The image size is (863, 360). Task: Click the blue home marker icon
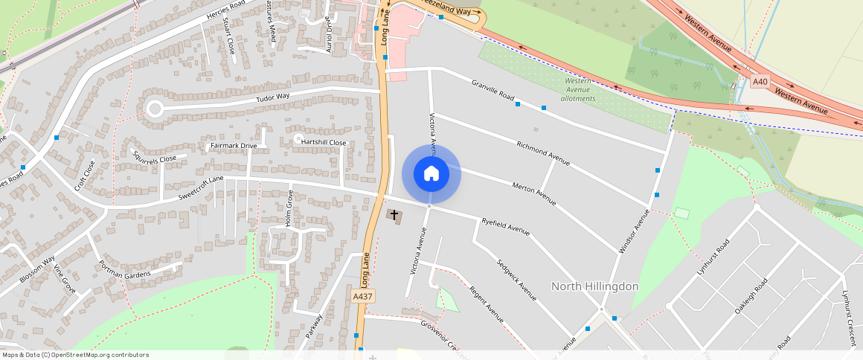(431, 174)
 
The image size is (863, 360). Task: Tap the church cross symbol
(394, 215)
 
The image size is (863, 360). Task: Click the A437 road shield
(362, 296)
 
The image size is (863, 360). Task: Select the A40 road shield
(760, 82)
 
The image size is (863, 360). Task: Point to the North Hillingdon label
(594, 286)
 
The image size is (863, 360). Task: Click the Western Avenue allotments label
(578, 89)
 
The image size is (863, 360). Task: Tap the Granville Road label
(493, 89)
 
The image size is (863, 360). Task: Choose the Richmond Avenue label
(543, 152)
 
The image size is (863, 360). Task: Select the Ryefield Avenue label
(505, 226)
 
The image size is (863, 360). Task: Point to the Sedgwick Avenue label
(517, 280)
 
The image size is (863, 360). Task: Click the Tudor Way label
(272, 97)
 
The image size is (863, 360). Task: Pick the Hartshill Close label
(324, 142)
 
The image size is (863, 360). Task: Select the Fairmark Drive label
(234, 146)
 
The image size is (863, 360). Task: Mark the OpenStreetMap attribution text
(75, 355)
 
